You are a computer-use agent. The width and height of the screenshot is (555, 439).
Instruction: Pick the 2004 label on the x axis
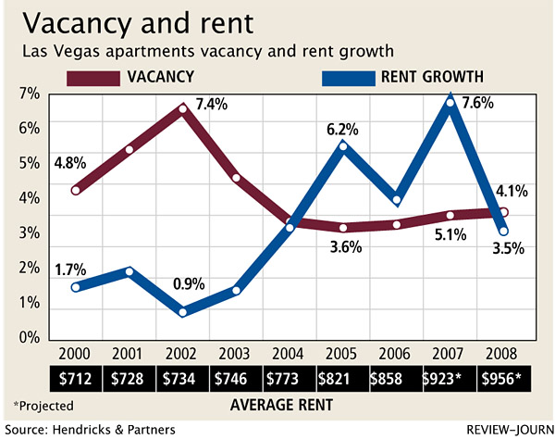coord(290,355)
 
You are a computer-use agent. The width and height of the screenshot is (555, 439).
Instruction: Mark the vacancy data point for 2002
coord(183,108)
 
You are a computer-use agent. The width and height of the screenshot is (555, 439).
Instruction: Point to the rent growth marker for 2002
coord(183,312)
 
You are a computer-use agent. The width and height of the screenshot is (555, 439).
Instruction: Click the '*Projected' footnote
coord(43,405)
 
